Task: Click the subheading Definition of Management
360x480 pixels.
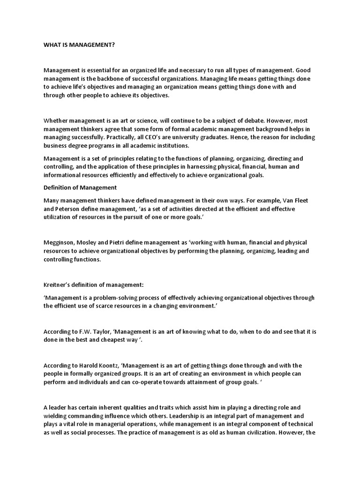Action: (x=80, y=187)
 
